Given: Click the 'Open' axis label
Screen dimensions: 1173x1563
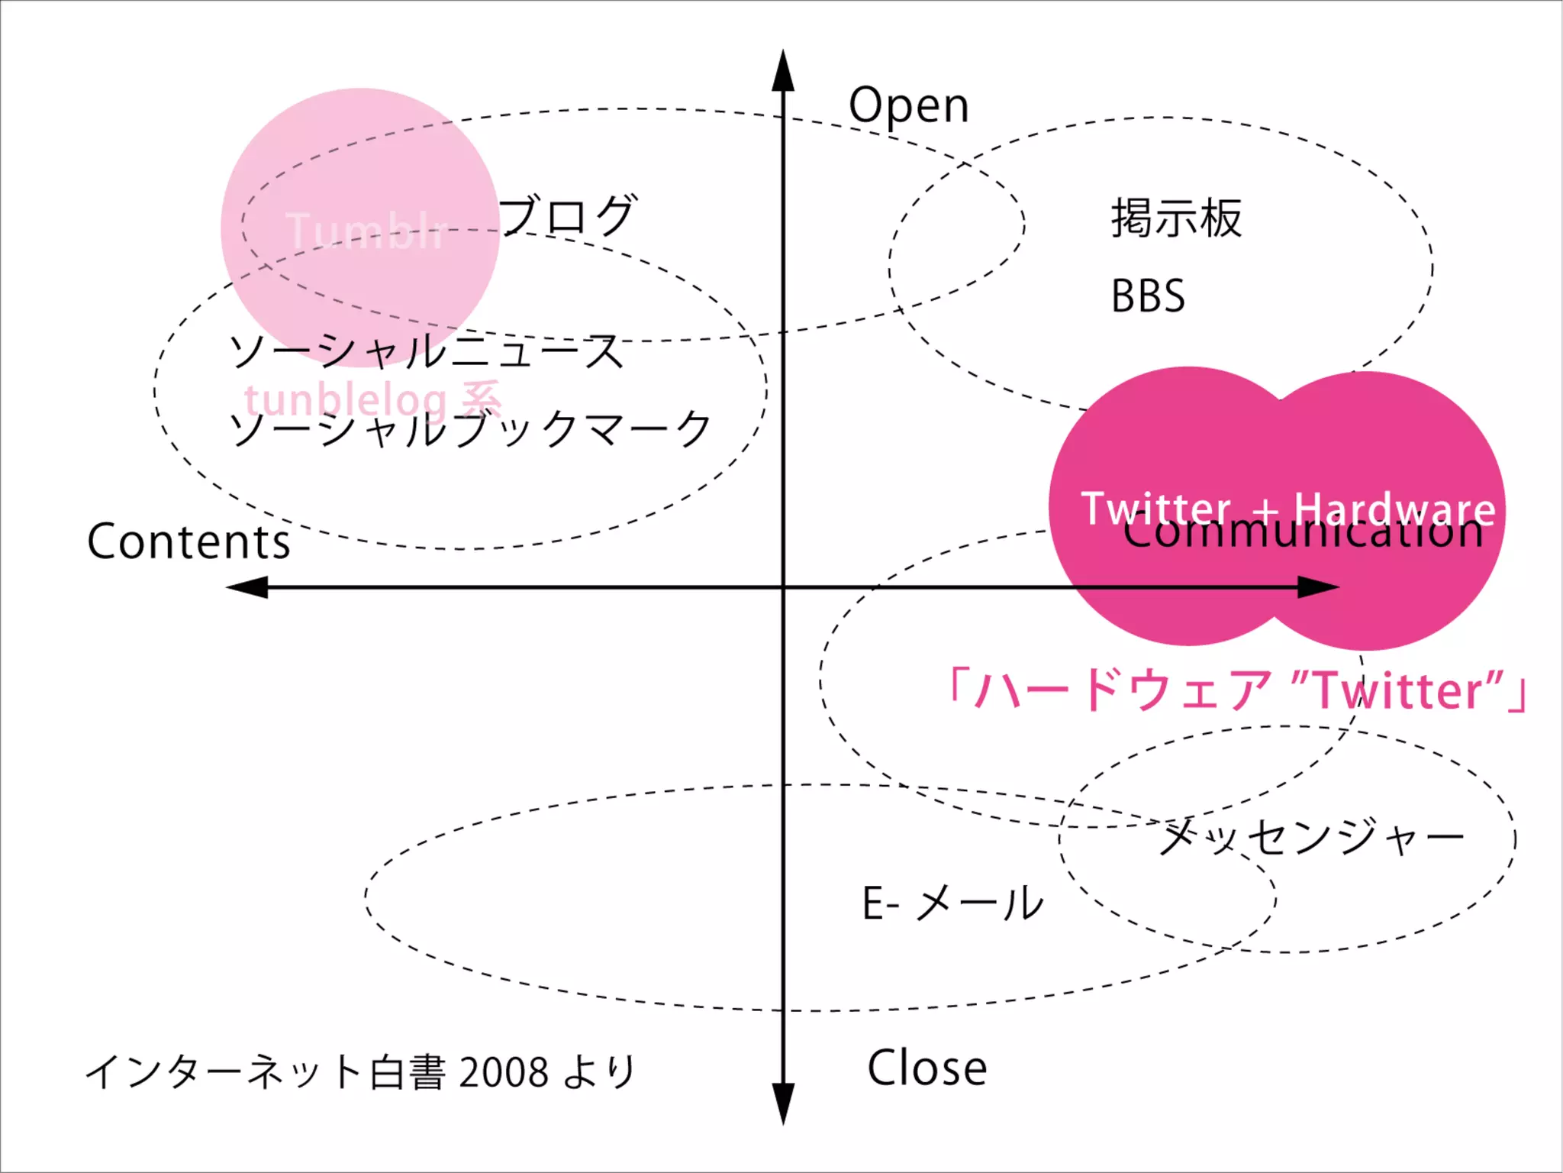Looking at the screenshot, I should click(x=908, y=105).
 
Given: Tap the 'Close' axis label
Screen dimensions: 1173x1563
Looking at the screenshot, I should click(x=927, y=1068).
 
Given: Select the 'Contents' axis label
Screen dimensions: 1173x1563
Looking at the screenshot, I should click(x=189, y=541).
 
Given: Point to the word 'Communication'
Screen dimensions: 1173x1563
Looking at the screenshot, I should click(x=1303, y=532).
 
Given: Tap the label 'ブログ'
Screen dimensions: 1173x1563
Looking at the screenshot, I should click(x=568, y=215).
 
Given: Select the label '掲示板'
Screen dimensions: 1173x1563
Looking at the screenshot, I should click(x=1176, y=218).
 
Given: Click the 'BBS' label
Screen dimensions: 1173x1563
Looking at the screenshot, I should click(x=1148, y=296).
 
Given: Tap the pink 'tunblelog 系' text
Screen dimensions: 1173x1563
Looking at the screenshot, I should click(x=372, y=399).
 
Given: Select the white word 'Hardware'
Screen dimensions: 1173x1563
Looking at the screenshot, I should click(x=1394, y=509).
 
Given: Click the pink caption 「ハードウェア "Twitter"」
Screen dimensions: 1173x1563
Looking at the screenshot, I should click(x=1236, y=690).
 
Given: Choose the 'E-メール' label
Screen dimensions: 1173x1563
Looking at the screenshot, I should click(x=952, y=903).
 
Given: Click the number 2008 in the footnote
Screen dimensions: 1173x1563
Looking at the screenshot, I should click(x=504, y=1072).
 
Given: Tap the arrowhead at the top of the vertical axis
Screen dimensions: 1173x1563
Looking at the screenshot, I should click(x=783, y=70).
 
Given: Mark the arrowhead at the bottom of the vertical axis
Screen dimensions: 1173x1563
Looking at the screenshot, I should click(x=783, y=1104).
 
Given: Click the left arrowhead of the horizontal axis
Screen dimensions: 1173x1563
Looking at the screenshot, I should click(x=247, y=587).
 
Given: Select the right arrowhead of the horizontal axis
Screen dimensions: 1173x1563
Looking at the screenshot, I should click(x=1319, y=587).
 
